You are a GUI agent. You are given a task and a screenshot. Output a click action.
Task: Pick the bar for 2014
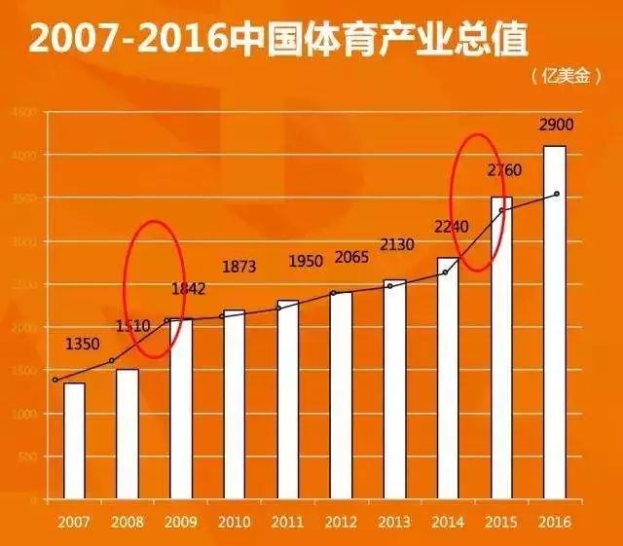coord(448,379)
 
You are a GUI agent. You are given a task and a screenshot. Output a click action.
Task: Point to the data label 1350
coord(83,344)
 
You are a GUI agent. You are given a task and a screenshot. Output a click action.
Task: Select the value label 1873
coord(238,266)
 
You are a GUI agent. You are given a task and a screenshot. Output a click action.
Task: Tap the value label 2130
coord(399,243)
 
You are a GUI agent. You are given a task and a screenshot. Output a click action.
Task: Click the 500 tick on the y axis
coord(28,456)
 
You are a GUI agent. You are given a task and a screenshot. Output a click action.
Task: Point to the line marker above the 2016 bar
coord(556,194)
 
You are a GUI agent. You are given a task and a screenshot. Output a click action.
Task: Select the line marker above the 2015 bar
coord(502,210)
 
